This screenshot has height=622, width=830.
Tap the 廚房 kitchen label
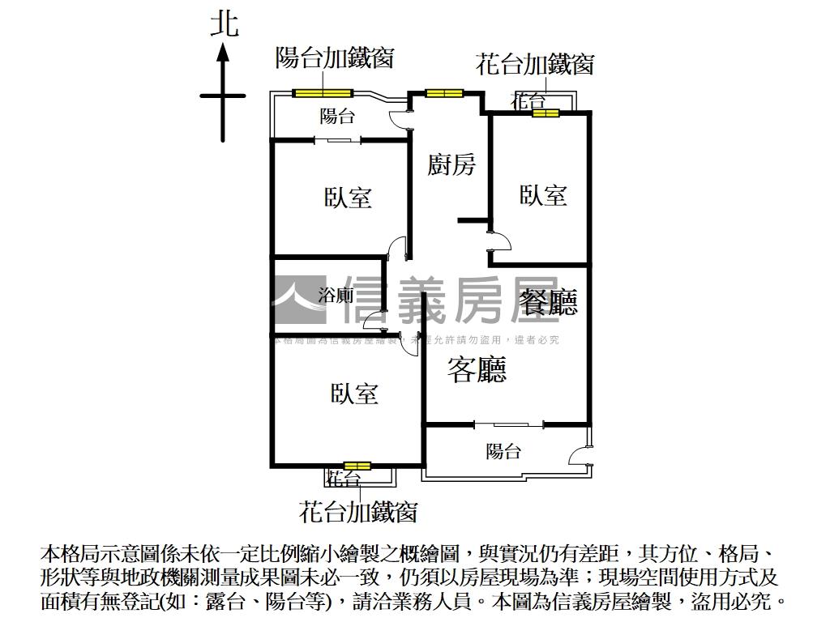[x=451, y=165]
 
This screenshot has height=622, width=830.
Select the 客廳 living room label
[x=477, y=370]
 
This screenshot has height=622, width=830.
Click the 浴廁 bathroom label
[x=336, y=296]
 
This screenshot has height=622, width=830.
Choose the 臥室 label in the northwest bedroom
[x=348, y=197]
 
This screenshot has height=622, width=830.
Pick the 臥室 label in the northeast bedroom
[x=543, y=195]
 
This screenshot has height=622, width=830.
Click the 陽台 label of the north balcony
[x=337, y=117]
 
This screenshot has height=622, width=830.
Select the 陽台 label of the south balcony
[x=503, y=452]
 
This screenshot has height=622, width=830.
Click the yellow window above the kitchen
[x=444, y=93]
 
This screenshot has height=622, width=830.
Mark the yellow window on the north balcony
[x=323, y=92]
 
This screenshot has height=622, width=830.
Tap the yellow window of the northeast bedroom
[x=545, y=113]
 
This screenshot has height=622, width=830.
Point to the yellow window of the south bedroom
[x=357, y=466]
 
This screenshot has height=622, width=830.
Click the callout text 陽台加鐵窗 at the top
[x=335, y=58]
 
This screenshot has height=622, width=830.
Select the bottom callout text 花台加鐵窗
[x=357, y=512]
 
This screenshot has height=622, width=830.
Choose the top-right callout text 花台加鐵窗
[x=534, y=65]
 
